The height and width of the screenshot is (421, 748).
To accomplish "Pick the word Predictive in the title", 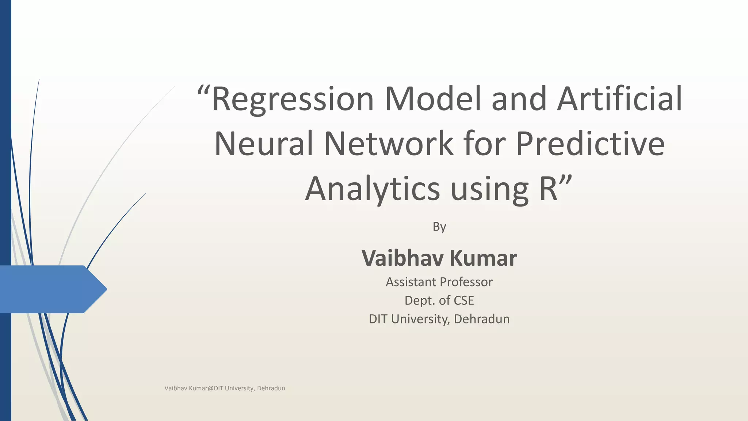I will pos(590,144).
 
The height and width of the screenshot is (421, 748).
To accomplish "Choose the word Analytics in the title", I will pos(372,189).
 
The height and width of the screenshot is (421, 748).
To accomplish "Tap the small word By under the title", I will pos(439,227).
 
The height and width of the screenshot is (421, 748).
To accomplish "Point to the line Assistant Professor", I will pos(439,282).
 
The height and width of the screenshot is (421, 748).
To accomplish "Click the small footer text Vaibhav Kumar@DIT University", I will pos(225,388).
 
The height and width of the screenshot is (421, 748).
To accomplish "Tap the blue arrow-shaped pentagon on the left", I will pos(51,289).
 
